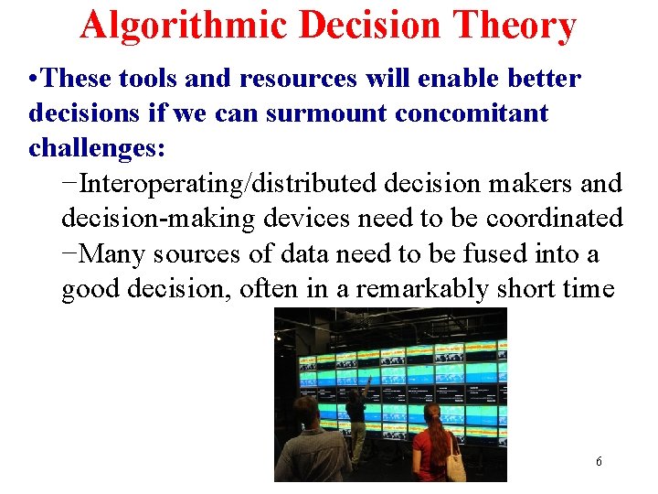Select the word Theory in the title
tap(517, 26)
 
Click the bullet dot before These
tap(34, 79)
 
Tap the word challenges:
tap(97, 148)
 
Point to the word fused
tap(499, 253)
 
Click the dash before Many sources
tap(70, 253)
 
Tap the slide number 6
tap(599, 462)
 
